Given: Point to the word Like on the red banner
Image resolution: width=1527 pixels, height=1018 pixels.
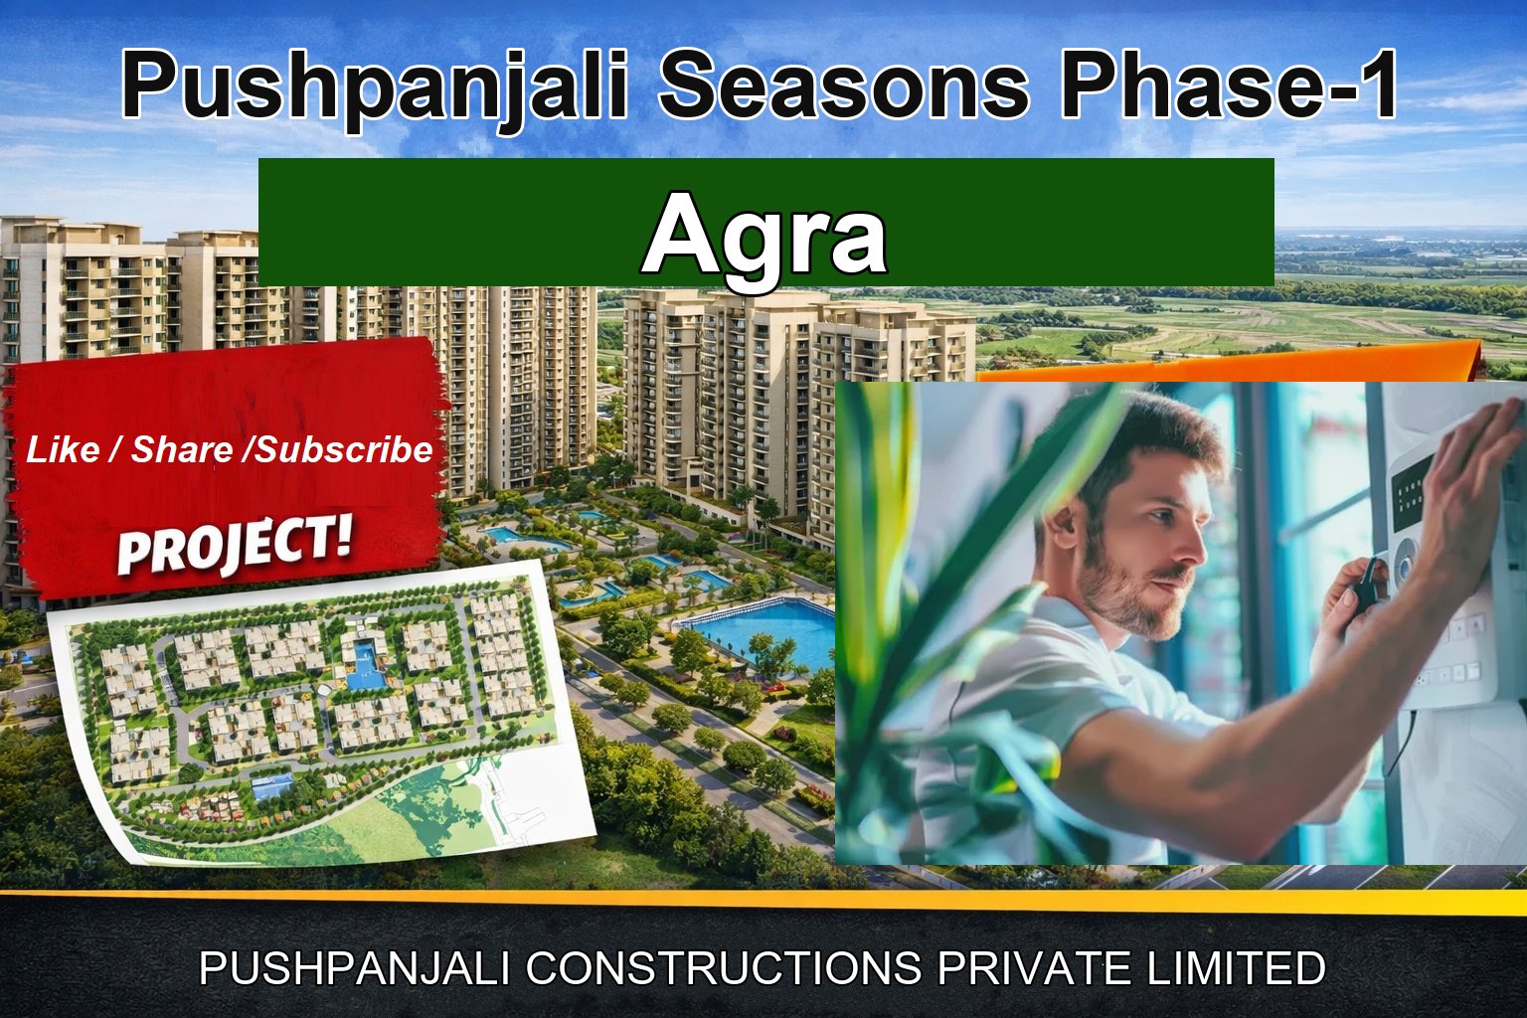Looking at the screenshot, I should pos(62,450).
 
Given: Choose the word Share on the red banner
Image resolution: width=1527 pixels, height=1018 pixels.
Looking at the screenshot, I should pos(182,450).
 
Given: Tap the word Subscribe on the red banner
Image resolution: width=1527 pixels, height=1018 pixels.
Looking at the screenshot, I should pos(344,450).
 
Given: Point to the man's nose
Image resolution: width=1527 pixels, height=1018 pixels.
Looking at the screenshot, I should pos(1201,554).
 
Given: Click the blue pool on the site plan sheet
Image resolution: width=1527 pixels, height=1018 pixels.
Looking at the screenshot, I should pos(365,661).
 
